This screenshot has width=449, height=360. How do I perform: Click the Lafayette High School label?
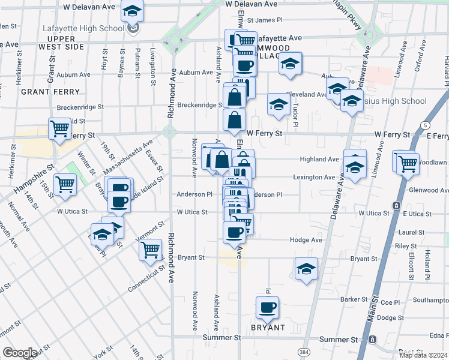click(x=83, y=28)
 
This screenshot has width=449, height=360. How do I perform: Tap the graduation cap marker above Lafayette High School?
click(x=132, y=11)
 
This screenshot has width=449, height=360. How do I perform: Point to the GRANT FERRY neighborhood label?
click(x=50, y=92)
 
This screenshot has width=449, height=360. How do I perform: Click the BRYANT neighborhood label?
click(x=268, y=328)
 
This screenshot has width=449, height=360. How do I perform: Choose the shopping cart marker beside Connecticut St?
click(x=151, y=250)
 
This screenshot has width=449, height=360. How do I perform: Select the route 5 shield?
click(x=425, y=125)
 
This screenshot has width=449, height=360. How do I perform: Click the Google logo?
click(x=20, y=353)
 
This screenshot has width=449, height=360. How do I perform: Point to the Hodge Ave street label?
click(x=306, y=240)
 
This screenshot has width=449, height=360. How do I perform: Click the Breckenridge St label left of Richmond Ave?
click(x=80, y=107)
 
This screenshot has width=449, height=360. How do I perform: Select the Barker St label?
click(x=354, y=299)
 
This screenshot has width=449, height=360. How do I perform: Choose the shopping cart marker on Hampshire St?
click(x=65, y=184)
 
